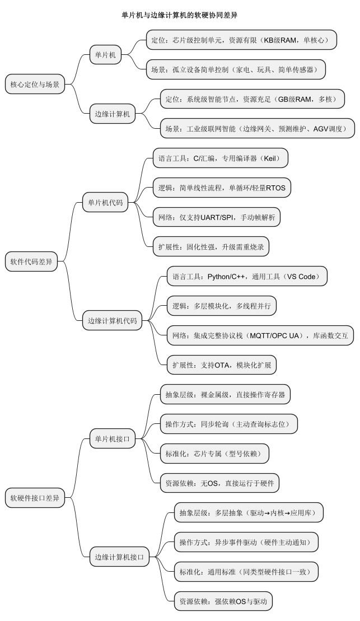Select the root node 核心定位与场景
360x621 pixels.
click(x=34, y=85)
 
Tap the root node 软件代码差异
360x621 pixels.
click(x=34, y=262)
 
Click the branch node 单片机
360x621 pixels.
click(x=105, y=55)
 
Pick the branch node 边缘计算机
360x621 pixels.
click(x=112, y=114)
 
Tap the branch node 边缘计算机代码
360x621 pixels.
click(x=112, y=321)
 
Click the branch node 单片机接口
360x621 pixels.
click(x=113, y=439)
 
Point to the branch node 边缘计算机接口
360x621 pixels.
click(x=119, y=557)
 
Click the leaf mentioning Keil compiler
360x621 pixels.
click(x=221, y=158)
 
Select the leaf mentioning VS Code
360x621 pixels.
click(x=246, y=276)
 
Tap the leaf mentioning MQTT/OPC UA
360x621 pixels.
click(x=260, y=335)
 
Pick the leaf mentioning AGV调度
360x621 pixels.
click(x=257, y=129)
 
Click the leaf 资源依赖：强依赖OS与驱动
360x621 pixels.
click(x=223, y=601)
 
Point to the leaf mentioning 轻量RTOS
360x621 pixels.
click(x=222, y=188)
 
